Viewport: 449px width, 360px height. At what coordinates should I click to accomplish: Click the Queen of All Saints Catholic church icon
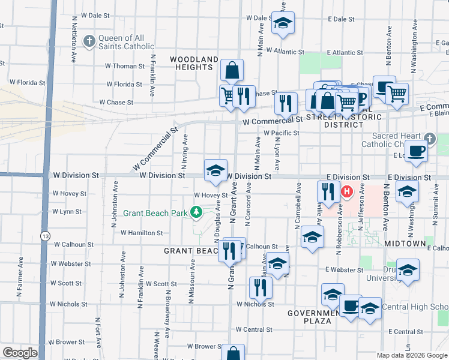pos(89,41)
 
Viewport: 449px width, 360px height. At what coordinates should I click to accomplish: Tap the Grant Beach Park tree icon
pos(195,212)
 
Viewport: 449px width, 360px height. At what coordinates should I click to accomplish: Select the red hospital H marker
pos(346,193)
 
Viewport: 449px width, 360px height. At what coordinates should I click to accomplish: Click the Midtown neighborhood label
pos(405,244)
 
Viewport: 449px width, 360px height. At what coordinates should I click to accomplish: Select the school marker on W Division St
pos(215,170)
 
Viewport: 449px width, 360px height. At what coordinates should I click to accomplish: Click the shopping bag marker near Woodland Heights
pos(232,71)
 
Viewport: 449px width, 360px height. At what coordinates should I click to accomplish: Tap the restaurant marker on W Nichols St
pos(260,287)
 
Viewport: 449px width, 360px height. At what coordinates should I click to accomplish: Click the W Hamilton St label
pos(142,233)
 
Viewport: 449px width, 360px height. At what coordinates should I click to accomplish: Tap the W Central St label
pos(254,329)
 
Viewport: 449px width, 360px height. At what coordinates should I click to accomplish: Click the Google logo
pos(20,353)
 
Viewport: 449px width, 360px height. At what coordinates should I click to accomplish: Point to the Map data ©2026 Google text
pos(411,355)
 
